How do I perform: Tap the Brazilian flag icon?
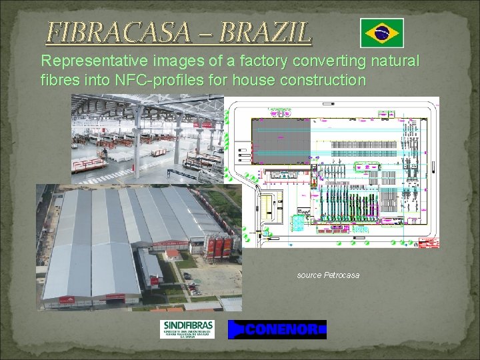pos(381,33)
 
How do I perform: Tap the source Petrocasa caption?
pos(328,275)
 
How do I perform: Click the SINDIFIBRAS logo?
pos(187,329)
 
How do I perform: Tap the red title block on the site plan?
pos(427,244)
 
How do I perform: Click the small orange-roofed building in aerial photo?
pos(173,254)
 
